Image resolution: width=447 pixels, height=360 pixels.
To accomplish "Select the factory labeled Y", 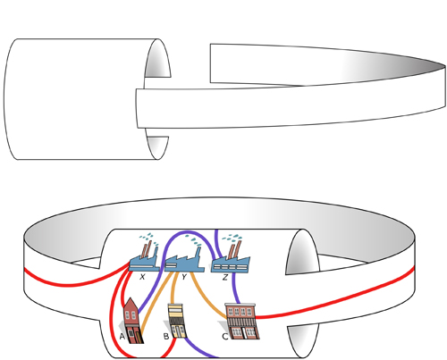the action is pos(184,264).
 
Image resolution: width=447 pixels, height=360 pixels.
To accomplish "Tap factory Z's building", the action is pos(231,264).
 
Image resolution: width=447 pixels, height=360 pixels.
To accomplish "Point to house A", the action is pos(133,321).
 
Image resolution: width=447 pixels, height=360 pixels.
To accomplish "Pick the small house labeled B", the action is pos(177,321).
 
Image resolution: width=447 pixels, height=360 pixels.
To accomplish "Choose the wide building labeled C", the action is pos(242,322).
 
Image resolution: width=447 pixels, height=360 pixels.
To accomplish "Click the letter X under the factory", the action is pos(142,277).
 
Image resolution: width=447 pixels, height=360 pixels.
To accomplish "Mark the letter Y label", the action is pos(184,277).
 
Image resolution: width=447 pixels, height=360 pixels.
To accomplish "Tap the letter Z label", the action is pos(225,277).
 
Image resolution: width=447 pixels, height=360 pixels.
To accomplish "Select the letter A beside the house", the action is pos(122,337).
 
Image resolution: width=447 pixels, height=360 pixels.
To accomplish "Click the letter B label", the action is pos(166,337).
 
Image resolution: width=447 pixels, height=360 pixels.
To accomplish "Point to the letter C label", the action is pos(225,337).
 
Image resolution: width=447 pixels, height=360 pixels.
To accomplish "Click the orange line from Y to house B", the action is pos(173,288).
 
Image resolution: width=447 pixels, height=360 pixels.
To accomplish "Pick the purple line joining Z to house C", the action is pos(235,288).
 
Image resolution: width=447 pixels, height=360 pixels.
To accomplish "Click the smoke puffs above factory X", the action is pos(149,239).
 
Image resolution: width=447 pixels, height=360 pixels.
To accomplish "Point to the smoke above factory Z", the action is pos(232,238).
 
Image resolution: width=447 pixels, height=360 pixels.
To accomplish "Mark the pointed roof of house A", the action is pos(131,303).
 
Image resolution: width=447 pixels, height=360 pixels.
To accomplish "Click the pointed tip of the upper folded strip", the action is pos(445,66).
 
